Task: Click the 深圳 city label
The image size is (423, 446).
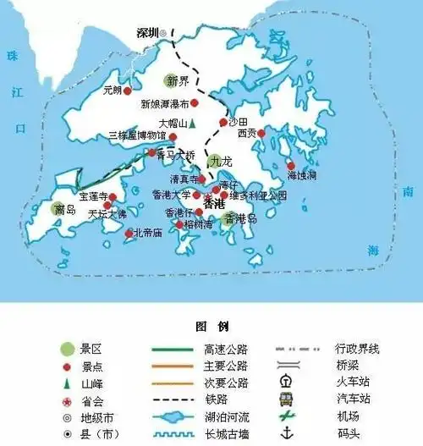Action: click(x=147, y=34)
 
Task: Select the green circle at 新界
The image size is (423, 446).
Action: click(x=173, y=82)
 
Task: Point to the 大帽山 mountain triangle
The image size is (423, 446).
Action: click(x=193, y=124)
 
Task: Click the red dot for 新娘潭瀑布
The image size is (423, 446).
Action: click(x=195, y=103)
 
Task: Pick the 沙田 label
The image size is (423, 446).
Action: click(x=239, y=122)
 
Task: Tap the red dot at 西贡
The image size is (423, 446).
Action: click(x=261, y=133)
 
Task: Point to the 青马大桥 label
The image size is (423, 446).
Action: click(x=179, y=155)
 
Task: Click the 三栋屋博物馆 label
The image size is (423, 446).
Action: click(x=138, y=135)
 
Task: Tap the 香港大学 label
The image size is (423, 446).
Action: click(x=172, y=195)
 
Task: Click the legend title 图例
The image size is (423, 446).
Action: click(x=207, y=326)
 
